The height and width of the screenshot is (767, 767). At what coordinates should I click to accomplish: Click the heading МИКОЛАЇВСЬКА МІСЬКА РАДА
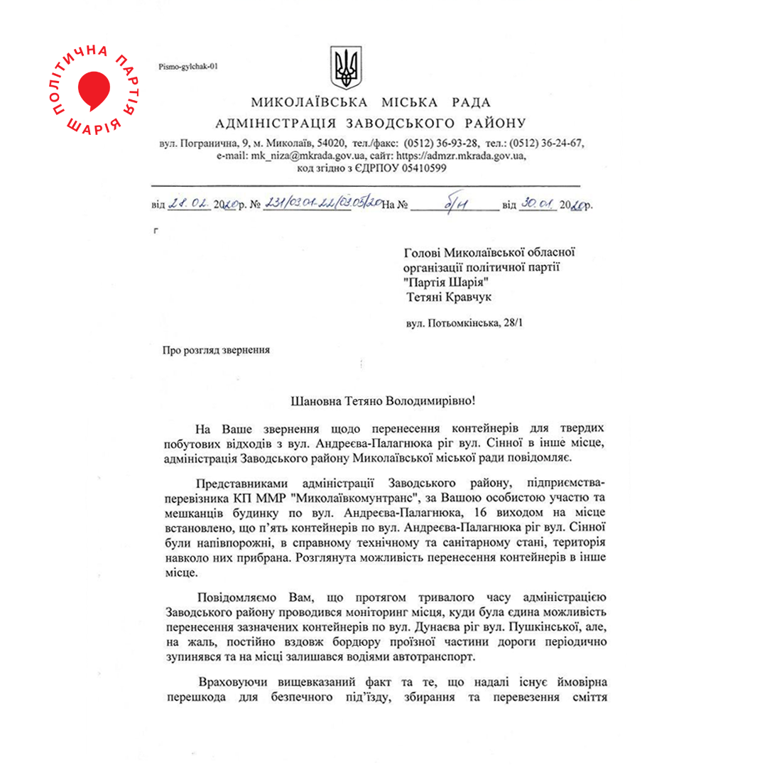click(x=370, y=102)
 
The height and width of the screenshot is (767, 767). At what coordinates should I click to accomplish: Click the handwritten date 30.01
click(x=537, y=205)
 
